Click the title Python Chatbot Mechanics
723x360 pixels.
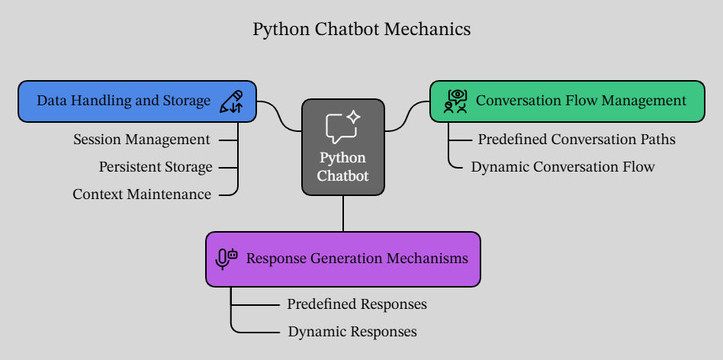(x=361, y=30)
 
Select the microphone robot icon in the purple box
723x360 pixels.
(x=227, y=259)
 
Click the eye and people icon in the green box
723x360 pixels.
(x=455, y=101)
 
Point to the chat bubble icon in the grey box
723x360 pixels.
(x=343, y=127)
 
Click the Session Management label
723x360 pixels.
(x=142, y=140)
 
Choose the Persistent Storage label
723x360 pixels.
(x=156, y=167)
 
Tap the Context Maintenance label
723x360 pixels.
(x=142, y=194)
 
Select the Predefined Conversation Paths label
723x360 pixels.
(x=577, y=140)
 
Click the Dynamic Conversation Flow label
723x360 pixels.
(x=563, y=167)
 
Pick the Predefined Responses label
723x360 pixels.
(x=357, y=304)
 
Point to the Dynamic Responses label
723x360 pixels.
(x=352, y=332)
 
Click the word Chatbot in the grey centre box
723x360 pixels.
(x=343, y=176)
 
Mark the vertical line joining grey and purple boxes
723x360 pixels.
(x=343, y=214)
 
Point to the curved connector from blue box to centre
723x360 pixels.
(x=279, y=116)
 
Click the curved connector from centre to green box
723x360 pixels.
(x=407, y=116)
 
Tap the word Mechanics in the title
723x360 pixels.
(x=427, y=30)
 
